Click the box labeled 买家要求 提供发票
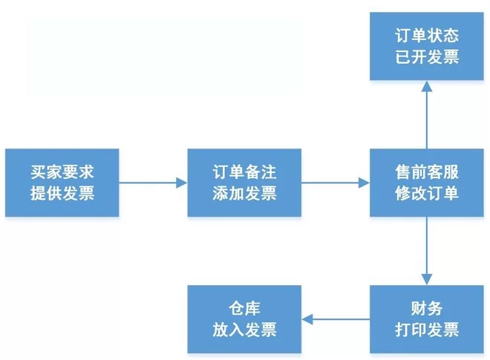click(x=62, y=183)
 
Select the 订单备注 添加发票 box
click(x=244, y=183)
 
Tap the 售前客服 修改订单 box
click(x=427, y=183)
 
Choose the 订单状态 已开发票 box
click(x=427, y=46)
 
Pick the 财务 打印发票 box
click(x=427, y=319)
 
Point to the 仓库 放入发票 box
click(x=244, y=319)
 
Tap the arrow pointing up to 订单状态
click(x=427, y=115)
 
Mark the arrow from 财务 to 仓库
click(x=336, y=319)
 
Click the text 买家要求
click(x=62, y=172)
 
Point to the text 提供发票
click(x=62, y=194)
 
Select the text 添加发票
click(x=244, y=194)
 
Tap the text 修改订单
click(x=427, y=194)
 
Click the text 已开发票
click(x=427, y=57)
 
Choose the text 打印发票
click(x=427, y=330)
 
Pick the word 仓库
click(x=244, y=308)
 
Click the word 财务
click(x=427, y=308)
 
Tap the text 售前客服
click(x=427, y=172)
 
